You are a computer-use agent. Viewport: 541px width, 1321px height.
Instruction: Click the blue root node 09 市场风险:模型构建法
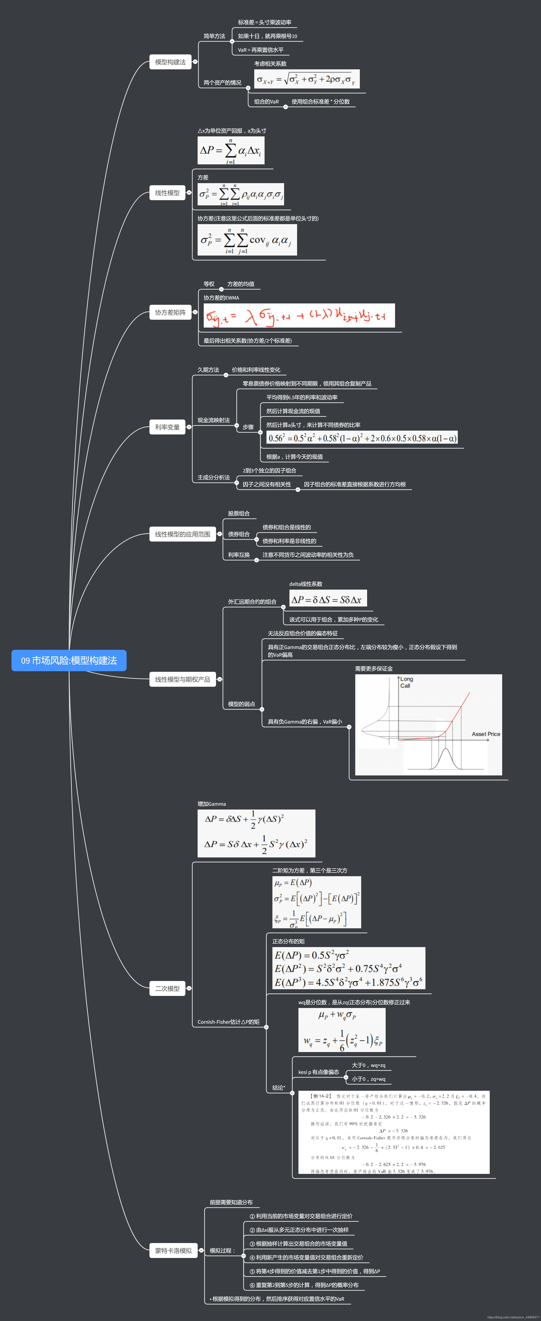(x=69, y=660)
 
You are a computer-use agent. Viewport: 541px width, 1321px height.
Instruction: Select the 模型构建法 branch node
(x=170, y=62)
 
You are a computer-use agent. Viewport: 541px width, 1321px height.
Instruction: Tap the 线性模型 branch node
(x=167, y=193)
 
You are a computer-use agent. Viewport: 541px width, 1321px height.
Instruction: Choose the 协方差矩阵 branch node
(x=170, y=312)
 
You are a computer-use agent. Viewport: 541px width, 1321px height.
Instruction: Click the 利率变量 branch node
(x=167, y=427)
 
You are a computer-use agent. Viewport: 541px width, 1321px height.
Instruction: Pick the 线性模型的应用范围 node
(x=182, y=534)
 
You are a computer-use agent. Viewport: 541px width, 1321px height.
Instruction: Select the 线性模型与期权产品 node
(x=182, y=679)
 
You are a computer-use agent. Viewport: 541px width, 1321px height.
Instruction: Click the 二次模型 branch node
(x=167, y=988)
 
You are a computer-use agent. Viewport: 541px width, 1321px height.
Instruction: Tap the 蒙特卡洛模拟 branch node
(x=173, y=1251)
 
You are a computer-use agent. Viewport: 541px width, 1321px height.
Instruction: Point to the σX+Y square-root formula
(x=306, y=79)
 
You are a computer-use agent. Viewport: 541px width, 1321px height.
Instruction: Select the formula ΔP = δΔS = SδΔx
(x=327, y=599)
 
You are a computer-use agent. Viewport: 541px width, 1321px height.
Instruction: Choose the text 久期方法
(x=208, y=370)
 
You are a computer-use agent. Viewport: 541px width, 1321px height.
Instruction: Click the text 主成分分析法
(x=214, y=477)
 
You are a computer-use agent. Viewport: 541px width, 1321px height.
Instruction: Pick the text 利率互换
(x=239, y=555)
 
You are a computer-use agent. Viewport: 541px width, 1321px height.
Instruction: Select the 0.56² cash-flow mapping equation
(x=362, y=438)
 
